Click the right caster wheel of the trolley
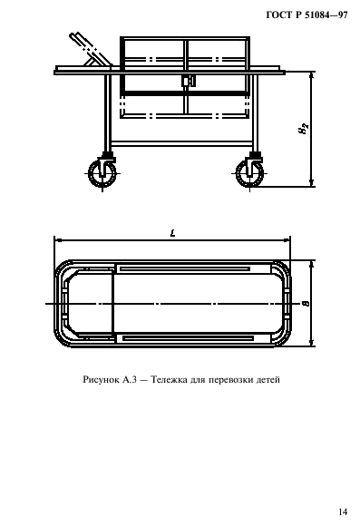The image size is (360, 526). (251, 173)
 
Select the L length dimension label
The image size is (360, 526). (172, 234)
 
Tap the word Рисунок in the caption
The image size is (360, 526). (100, 380)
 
